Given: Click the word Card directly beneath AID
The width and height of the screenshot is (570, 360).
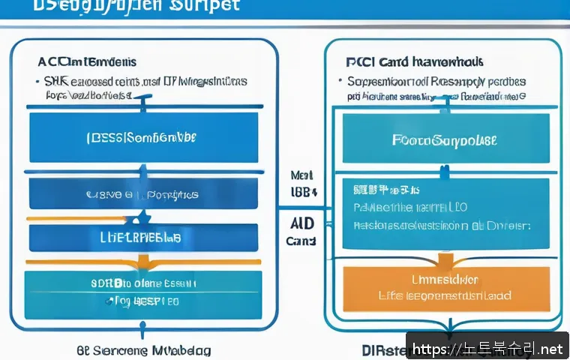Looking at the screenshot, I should coord(301,241).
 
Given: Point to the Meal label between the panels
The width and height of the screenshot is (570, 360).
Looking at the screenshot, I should coord(301,175).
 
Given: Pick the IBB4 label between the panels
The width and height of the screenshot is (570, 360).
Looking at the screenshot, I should coord(303,191).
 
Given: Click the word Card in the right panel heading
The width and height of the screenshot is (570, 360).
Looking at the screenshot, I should coord(396,61).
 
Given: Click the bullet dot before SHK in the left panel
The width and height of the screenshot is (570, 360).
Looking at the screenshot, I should coord(37,81).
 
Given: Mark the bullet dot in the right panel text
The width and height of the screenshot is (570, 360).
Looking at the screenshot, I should coord(349,81).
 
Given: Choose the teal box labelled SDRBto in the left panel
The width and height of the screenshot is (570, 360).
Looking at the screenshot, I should coord(143,293).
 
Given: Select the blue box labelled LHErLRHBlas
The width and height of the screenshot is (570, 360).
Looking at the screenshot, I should coord(143,237).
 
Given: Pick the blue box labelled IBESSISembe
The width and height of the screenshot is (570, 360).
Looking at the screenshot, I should coord(143,137).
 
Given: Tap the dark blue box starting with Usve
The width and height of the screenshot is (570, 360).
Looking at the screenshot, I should coord(143,193).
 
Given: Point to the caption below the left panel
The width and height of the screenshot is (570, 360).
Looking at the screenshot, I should coord(143,350).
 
